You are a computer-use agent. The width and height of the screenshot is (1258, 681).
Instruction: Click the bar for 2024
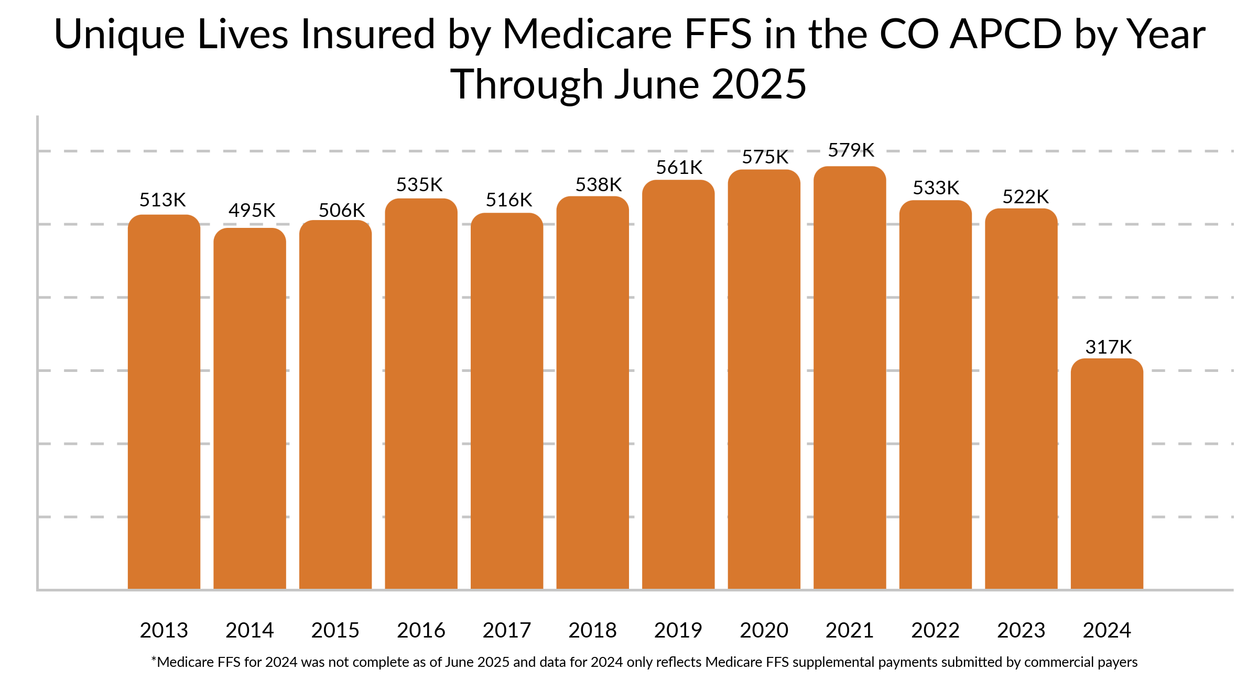point(1107,474)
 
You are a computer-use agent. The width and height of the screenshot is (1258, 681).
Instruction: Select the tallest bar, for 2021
point(850,377)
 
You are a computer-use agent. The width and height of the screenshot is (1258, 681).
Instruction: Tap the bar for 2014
point(250,409)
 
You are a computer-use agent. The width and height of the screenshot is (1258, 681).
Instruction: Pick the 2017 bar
point(507,401)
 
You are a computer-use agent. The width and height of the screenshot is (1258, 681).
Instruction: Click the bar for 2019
point(678,385)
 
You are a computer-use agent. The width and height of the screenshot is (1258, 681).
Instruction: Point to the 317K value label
point(1108,347)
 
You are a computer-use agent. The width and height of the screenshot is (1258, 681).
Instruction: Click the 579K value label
point(851,150)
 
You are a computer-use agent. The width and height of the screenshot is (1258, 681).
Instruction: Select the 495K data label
point(252,211)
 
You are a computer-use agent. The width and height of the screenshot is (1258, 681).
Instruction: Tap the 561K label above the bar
point(679,168)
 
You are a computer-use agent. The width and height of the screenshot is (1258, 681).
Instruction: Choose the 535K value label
point(419,185)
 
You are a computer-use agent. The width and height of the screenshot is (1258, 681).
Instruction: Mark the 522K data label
point(1025,197)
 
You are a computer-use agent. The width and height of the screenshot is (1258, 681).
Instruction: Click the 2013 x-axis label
point(164,630)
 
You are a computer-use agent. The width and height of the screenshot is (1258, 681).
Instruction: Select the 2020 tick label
point(764,630)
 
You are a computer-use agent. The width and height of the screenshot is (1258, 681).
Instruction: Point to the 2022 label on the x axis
point(935,630)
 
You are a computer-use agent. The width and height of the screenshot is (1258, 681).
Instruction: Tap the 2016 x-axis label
point(421,630)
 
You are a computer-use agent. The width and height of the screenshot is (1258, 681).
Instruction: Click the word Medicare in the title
point(587,35)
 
